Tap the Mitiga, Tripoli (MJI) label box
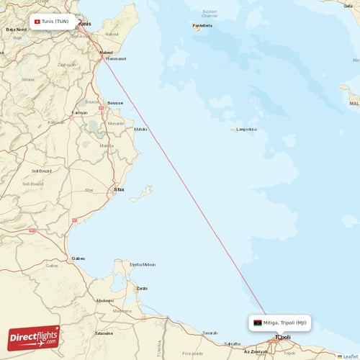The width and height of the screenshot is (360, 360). point(281,323)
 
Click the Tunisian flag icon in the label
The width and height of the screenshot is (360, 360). point(37,22)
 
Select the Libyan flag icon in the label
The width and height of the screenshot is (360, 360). point(257,323)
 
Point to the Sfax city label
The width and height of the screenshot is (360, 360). point(119,189)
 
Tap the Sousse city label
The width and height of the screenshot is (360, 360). point(115,103)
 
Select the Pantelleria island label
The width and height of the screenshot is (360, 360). point(202,26)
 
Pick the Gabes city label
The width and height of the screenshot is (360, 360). point(78,258)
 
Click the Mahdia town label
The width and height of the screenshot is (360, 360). point(140,130)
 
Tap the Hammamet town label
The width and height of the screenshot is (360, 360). point(116,58)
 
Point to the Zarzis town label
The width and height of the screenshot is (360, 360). point(142,288)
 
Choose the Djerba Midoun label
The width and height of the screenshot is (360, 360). point(143,264)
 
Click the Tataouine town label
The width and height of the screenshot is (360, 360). point(104,333)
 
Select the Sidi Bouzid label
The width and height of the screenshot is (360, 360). point(42,171)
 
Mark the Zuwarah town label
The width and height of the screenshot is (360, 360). point(210,333)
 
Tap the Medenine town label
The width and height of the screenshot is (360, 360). point(105,300)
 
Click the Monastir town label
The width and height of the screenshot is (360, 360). point(115,124)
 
